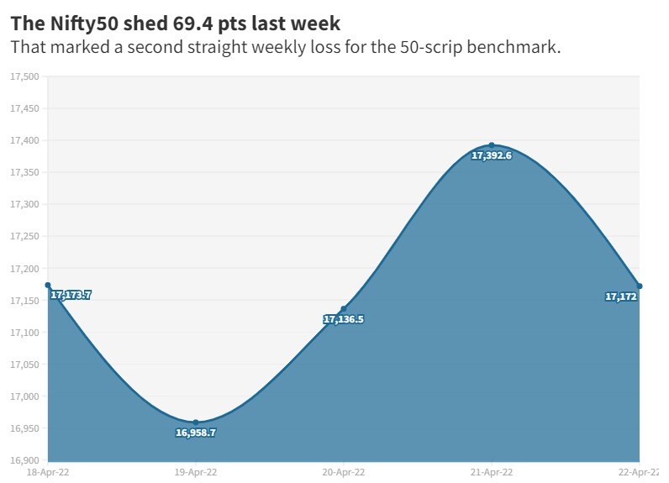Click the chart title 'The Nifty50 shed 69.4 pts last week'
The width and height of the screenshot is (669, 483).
point(175,23)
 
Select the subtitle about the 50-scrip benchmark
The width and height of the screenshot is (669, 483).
point(285,47)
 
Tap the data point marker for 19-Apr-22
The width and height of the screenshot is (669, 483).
point(196,423)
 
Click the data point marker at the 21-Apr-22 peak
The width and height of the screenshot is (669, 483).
point(492,145)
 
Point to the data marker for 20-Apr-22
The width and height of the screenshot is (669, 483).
point(344,309)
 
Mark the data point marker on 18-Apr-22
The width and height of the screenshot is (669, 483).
point(48,286)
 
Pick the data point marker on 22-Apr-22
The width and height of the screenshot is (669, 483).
point(640,286)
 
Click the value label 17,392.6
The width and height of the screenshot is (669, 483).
point(492,156)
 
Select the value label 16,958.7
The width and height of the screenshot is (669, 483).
point(196,433)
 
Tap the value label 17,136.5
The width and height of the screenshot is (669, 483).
point(344,320)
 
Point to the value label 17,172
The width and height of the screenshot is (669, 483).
point(621,297)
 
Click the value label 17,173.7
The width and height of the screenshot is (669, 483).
point(71,296)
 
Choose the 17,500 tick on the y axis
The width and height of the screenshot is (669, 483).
point(24,77)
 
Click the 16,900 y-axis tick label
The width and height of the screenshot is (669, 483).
point(24,460)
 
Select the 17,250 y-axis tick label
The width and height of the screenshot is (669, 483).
point(24,237)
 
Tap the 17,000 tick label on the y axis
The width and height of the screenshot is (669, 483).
point(24,396)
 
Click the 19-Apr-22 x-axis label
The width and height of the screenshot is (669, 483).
point(196,473)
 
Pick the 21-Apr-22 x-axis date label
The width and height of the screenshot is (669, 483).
point(492,473)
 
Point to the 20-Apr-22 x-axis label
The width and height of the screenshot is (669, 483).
point(344,473)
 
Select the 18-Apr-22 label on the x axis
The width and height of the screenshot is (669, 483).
point(48,473)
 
